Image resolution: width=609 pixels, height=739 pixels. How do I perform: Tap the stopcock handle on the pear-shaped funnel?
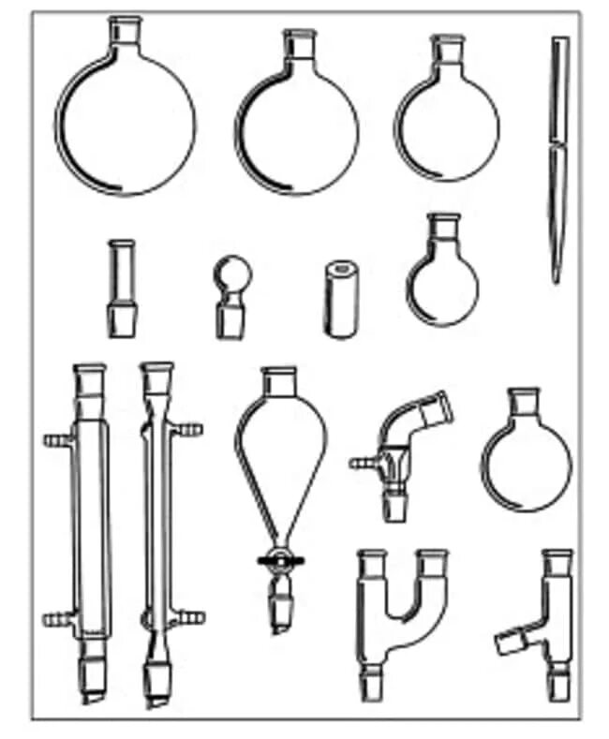pyautogui.click(x=278, y=561)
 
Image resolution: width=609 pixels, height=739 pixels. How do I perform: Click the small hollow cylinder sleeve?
pyautogui.click(x=338, y=298)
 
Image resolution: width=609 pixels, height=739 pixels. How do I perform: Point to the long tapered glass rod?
pyautogui.click(x=558, y=159)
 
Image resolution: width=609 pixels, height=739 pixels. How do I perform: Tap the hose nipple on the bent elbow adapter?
pyautogui.click(x=362, y=462)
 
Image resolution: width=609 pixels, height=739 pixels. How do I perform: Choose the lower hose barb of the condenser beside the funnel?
pyautogui.click(x=193, y=618)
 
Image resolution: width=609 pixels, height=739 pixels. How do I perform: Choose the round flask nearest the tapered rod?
pyautogui.click(x=446, y=122)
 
